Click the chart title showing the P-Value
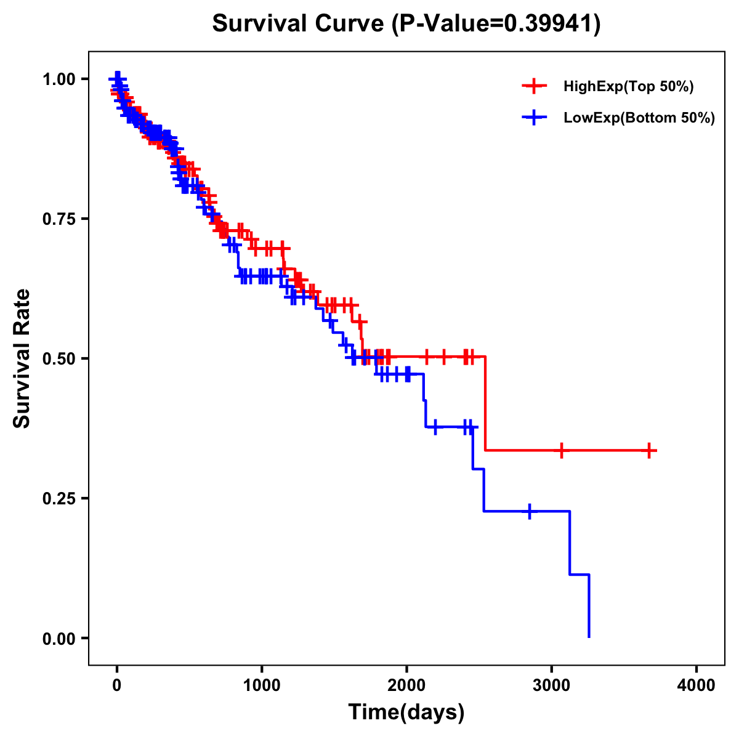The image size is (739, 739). (x=406, y=24)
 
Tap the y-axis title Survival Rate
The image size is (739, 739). (x=22, y=358)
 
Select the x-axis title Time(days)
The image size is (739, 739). (x=406, y=713)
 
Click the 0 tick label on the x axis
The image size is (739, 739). (x=117, y=685)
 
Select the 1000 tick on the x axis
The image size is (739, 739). (x=262, y=685)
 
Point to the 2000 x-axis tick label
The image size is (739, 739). (x=406, y=685)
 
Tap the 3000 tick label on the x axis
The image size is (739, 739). (x=552, y=685)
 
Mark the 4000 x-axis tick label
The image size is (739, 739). (x=697, y=685)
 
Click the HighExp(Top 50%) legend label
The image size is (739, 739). (x=629, y=87)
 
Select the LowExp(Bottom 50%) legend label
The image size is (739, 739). (x=639, y=118)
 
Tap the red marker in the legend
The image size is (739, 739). (x=534, y=87)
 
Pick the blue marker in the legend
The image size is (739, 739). (x=534, y=118)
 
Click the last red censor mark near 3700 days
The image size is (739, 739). (x=649, y=451)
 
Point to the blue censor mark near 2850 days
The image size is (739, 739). (x=529, y=511)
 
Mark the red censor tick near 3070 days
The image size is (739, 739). (x=561, y=451)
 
